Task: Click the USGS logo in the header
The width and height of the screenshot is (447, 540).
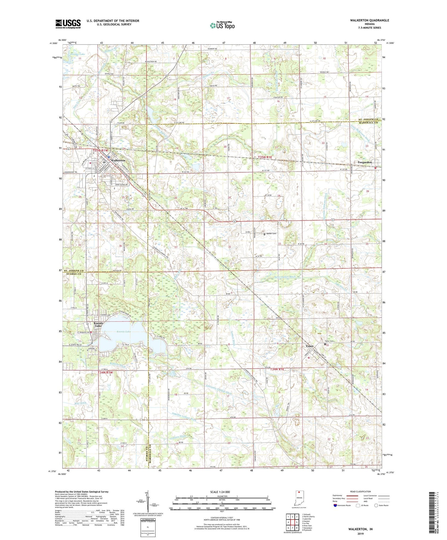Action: [68, 24]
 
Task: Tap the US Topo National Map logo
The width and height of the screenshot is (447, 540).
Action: [222, 25]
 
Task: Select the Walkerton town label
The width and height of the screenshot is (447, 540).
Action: [118, 160]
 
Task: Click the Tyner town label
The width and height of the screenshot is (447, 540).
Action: [309, 346]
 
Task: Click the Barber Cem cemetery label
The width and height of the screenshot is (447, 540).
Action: [271, 234]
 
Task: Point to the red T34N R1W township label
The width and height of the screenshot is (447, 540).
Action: [105, 372]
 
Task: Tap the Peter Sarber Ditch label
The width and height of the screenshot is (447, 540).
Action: [285, 277]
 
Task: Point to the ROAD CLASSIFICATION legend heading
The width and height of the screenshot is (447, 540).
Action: [361, 491]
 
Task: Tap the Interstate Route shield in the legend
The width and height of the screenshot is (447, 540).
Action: [335, 505]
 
